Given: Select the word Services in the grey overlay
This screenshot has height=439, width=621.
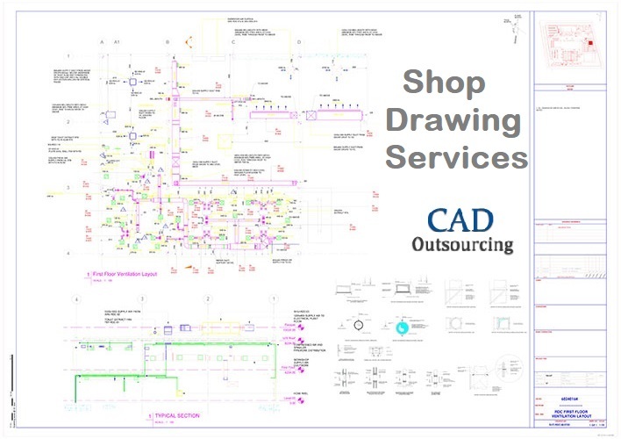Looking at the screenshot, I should pyautogui.click(x=456, y=158).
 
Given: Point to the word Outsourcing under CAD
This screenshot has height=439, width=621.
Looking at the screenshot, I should pyautogui.click(x=461, y=244).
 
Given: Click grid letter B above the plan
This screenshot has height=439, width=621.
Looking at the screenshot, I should pyautogui.click(x=168, y=42).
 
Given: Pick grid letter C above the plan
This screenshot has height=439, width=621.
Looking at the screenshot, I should pyautogui.click(x=233, y=42).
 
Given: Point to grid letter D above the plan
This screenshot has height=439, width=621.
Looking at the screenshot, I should pyautogui.click(x=298, y=42).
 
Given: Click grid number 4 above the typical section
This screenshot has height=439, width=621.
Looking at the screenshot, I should pyautogui.click(x=76, y=299).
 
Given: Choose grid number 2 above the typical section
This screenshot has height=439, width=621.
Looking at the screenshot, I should pyautogui.click(x=206, y=299).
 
